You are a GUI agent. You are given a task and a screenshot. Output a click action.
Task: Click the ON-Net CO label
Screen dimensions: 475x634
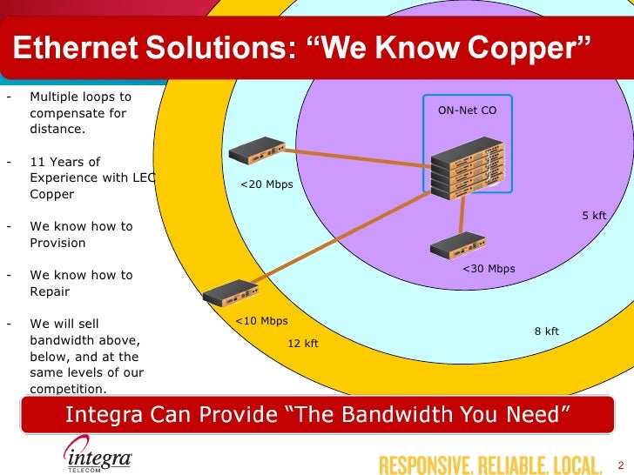pyautogui.click(x=467, y=110)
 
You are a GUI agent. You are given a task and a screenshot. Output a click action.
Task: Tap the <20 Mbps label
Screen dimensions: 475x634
pyautogui.click(x=266, y=184)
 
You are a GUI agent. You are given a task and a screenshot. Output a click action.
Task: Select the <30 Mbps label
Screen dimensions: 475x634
pyautogui.click(x=489, y=269)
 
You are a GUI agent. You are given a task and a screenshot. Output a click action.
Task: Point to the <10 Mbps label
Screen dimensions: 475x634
pyautogui.click(x=261, y=321)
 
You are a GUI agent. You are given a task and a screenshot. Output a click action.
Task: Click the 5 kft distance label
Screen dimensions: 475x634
pyautogui.click(x=594, y=215)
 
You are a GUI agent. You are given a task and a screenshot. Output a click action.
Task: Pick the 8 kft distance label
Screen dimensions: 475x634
pyautogui.click(x=546, y=331)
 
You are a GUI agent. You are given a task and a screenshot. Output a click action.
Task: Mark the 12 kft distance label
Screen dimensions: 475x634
pyautogui.click(x=303, y=344)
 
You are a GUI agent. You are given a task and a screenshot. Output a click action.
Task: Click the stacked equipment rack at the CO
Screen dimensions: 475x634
pyautogui.click(x=468, y=168)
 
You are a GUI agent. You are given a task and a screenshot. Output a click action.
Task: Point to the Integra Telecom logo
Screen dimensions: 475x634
pyautogui.click(x=97, y=454)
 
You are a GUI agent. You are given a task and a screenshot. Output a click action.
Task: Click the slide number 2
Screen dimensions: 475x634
pyautogui.click(x=619, y=465)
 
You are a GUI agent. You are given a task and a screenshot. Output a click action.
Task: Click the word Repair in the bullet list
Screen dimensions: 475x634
pyautogui.click(x=50, y=291)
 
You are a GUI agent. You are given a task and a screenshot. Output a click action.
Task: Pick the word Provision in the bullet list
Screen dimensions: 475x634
pyautogui.click(x=57, y=243)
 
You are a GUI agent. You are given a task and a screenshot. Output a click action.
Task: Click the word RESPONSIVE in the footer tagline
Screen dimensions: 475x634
pyautogui.click(x=422, y=465)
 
